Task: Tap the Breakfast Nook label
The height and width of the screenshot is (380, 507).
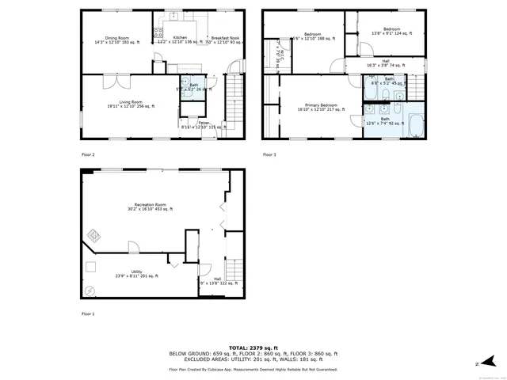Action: tap(224, 37)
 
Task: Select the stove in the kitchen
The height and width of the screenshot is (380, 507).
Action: tap(158, 33)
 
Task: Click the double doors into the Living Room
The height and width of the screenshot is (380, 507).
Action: tap(117, 80)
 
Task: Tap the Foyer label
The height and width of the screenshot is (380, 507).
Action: tap(204, 123)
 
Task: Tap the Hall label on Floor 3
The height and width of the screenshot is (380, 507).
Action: tap(385, 61)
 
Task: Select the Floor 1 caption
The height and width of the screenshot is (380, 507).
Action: tap(88, 314)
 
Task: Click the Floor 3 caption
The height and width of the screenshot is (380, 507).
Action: tap(270, 154)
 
